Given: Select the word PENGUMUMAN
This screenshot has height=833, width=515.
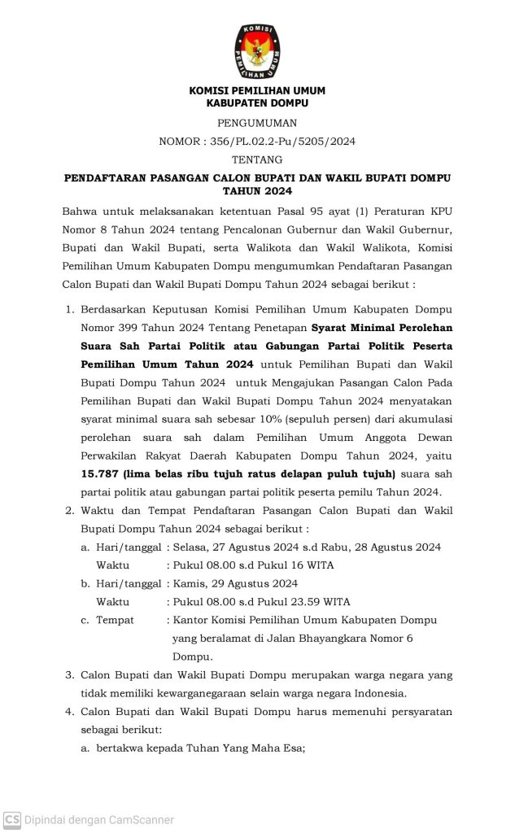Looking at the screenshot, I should coord(257,123).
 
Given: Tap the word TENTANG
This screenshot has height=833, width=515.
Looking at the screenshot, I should coord(257,159).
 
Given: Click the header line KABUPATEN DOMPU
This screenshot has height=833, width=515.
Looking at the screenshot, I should coord(257,104).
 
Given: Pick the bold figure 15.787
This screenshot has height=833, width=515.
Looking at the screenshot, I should coord(95,473).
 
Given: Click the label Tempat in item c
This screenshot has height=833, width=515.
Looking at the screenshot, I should coord(116,620).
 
